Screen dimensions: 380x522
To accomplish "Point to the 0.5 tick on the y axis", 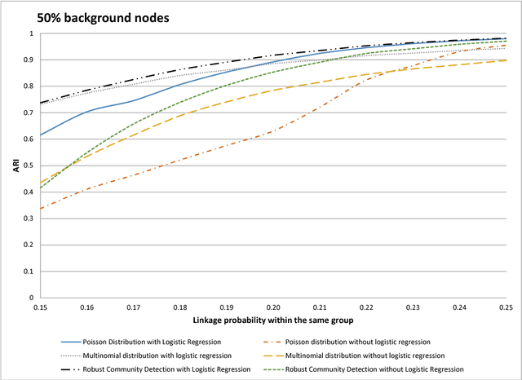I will pyautogui.click(x=29, y=166).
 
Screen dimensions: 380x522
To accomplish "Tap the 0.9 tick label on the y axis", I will pyautogui.click(x=29, y=60).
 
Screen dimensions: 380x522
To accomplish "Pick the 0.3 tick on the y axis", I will pyautogui.click(x=29, y=219).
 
